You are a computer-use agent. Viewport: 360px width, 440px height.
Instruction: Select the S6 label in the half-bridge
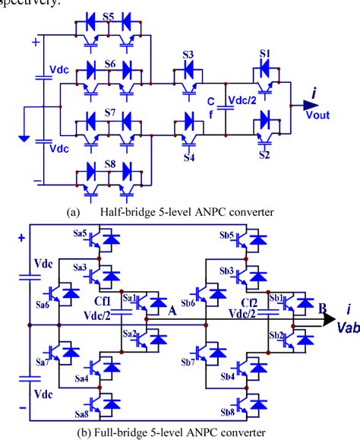pyautogui.click(x=110, y=64)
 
